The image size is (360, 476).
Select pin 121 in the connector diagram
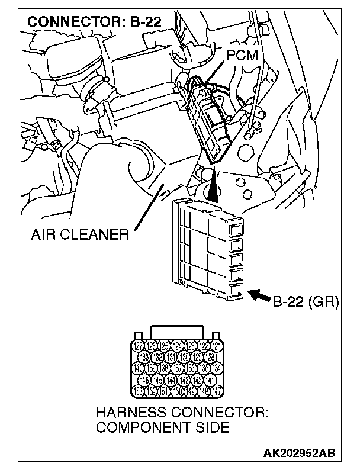click(218, 346)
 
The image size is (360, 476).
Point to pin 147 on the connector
click(218, 390)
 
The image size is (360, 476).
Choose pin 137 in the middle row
click(178, 368)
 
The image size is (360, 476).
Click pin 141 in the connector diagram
click(211, 379)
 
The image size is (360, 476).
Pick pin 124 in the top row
click(178, 346)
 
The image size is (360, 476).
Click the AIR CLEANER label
click(81, 235)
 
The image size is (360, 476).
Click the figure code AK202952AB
click(299, 453)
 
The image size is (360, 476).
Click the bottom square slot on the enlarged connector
click(235, 290)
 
